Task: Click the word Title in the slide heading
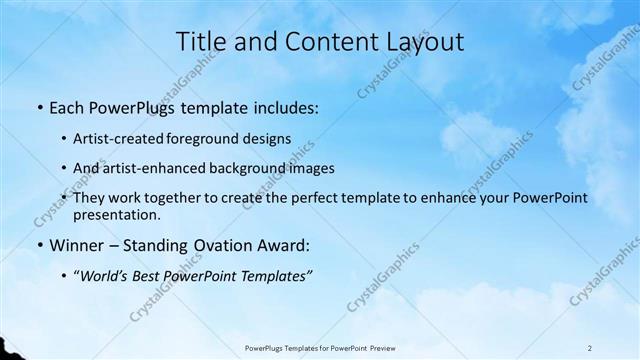pos(200,42)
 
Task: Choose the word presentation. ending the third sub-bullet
pos(117,215)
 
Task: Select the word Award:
pos(283,245)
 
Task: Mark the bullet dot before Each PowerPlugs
pos(40,105)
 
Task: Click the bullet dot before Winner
pos(40,245)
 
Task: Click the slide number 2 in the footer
pos(590,348)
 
